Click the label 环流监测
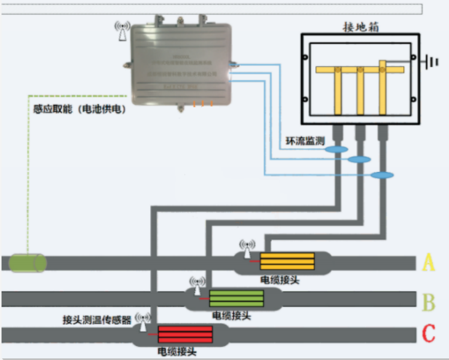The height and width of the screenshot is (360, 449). point(305,141)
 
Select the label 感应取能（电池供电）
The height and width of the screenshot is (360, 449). point(80,110)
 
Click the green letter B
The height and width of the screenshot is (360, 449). point(429,302)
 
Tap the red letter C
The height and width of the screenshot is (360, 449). point(429,333)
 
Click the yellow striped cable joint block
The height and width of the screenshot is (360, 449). point(287,262)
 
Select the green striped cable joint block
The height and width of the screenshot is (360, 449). point(236,298)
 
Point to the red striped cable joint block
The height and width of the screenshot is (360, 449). point(185,333)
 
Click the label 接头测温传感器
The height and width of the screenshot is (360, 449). point(97,320)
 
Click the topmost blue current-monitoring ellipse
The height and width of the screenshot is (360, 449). point(338,149)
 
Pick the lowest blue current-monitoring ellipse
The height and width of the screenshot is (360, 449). point(382,175)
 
